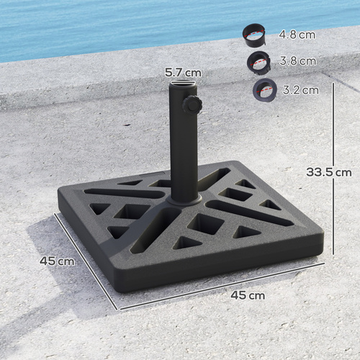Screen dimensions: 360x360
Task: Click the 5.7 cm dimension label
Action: pyautogui.click(x=182, y=72)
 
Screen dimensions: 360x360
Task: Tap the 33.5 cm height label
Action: pyautogui.click(x=328, y=172)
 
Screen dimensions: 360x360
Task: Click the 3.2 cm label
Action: pyautogui.click(x=300, y=90)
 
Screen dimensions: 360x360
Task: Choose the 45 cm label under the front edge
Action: pyautogui.click(x=248, y=294)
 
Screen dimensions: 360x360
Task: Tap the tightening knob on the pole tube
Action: pyautogui.click(x=192, y=105)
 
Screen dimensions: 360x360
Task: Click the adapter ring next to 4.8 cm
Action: pyautogui.click(x=254, y=34)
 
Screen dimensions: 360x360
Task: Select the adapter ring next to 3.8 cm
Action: pyautogui.click(x=258, y=61)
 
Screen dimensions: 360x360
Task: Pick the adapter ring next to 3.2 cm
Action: pyautogui.click(x=264, y=90)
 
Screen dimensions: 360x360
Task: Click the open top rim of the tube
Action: pyautogui.click(x=182, y=86)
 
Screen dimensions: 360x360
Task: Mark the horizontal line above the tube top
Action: pyautogui.click(x=182, y=81)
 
